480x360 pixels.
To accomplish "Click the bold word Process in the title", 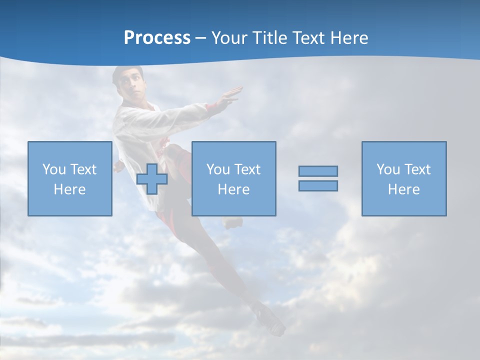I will (157, 38).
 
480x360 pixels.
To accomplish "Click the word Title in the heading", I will (270, 38).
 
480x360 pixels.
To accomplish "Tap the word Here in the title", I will (349, 38).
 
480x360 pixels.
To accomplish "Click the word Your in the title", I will (230, 38).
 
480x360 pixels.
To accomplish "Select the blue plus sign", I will (152, 178).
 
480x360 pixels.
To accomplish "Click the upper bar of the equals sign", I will (318, 171).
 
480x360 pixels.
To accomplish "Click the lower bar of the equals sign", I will (318, 185).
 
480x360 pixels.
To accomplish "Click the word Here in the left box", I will (69, 189).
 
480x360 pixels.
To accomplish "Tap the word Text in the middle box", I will (247, 169).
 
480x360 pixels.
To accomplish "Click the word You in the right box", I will (388, 169).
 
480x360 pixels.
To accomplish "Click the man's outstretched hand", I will (231, 95).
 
